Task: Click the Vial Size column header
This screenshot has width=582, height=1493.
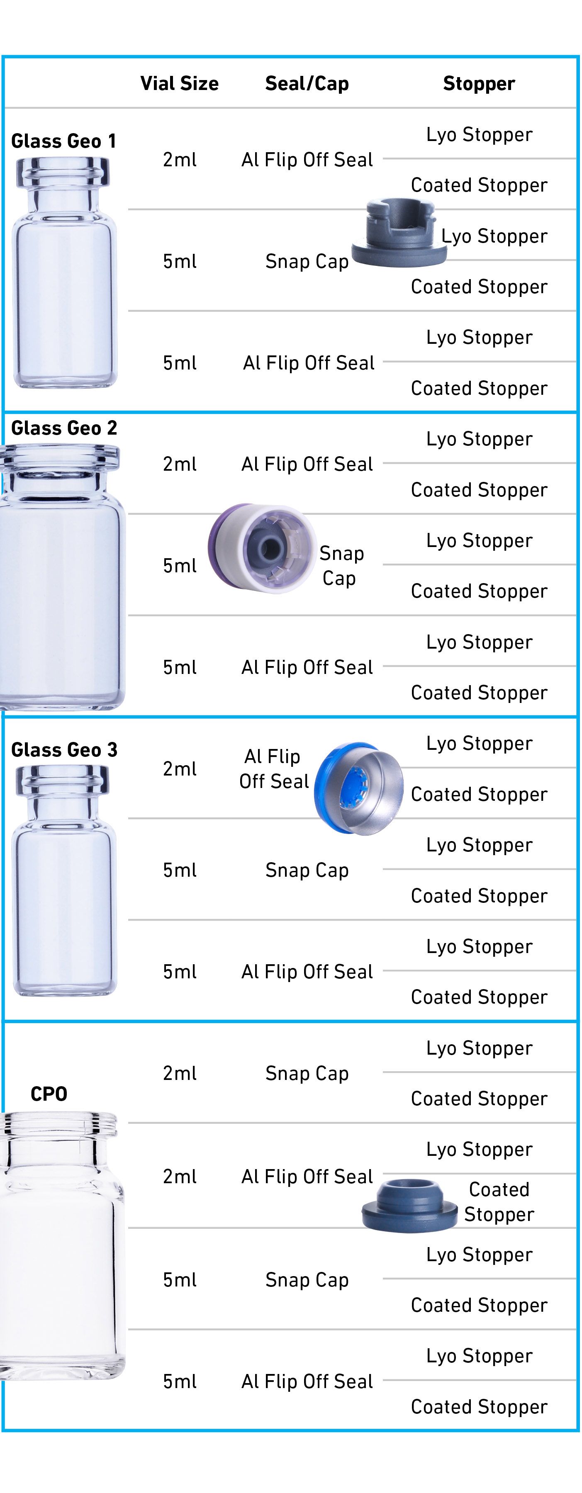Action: tap(179, 83)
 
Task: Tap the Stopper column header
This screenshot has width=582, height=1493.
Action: tap(479, 83)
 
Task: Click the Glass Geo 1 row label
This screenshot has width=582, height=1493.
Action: tap(64, 141)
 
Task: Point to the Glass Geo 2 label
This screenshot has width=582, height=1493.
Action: tap(64, 428)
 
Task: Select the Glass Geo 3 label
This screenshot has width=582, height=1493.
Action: tap(64, 749)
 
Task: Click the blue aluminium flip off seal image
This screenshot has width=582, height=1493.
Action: tap(358, 788)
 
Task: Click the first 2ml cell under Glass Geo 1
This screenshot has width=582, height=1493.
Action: tap(179, 159)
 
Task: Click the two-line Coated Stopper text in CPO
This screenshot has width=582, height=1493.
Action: tap(499, 1201)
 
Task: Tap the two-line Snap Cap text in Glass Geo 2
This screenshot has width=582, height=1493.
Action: tap(341, 565)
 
